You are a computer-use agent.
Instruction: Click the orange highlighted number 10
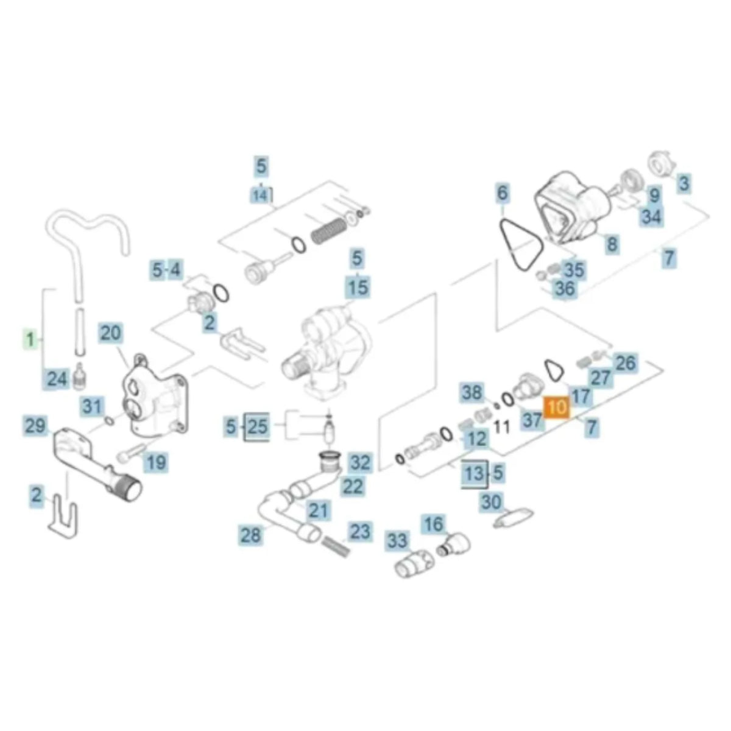(557, 408)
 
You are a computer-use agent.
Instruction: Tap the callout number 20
(111, 333)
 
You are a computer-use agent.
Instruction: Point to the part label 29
(35, 425)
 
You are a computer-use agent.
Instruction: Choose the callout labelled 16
(434, 523)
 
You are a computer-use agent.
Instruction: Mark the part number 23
(359, 531)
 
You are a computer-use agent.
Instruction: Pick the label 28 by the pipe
(250, 535)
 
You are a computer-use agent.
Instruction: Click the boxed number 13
(474, 473)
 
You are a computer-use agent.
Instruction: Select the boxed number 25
(257, 426)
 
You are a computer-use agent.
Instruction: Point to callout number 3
(684, 183)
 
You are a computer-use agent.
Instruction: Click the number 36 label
(564, 289)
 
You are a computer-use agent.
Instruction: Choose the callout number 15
(358, 286)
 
